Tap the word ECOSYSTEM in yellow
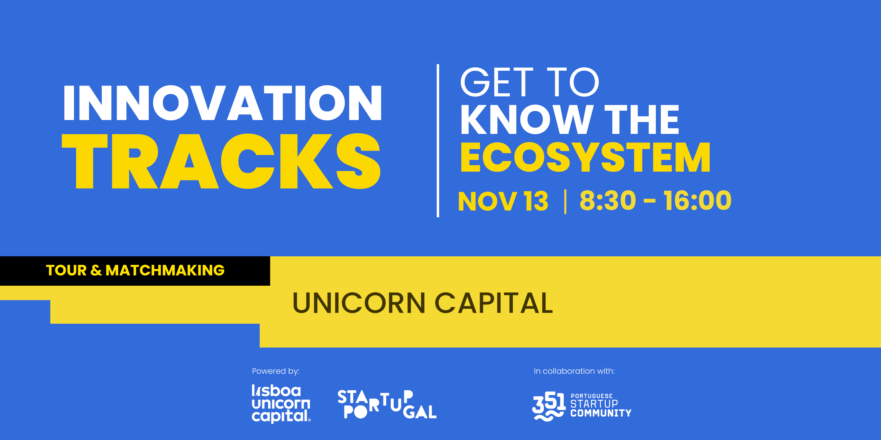585,158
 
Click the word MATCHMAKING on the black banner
165,271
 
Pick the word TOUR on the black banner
66,271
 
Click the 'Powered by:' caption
276,371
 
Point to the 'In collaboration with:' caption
574,371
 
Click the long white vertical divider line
438,140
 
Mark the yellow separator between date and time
565,202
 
